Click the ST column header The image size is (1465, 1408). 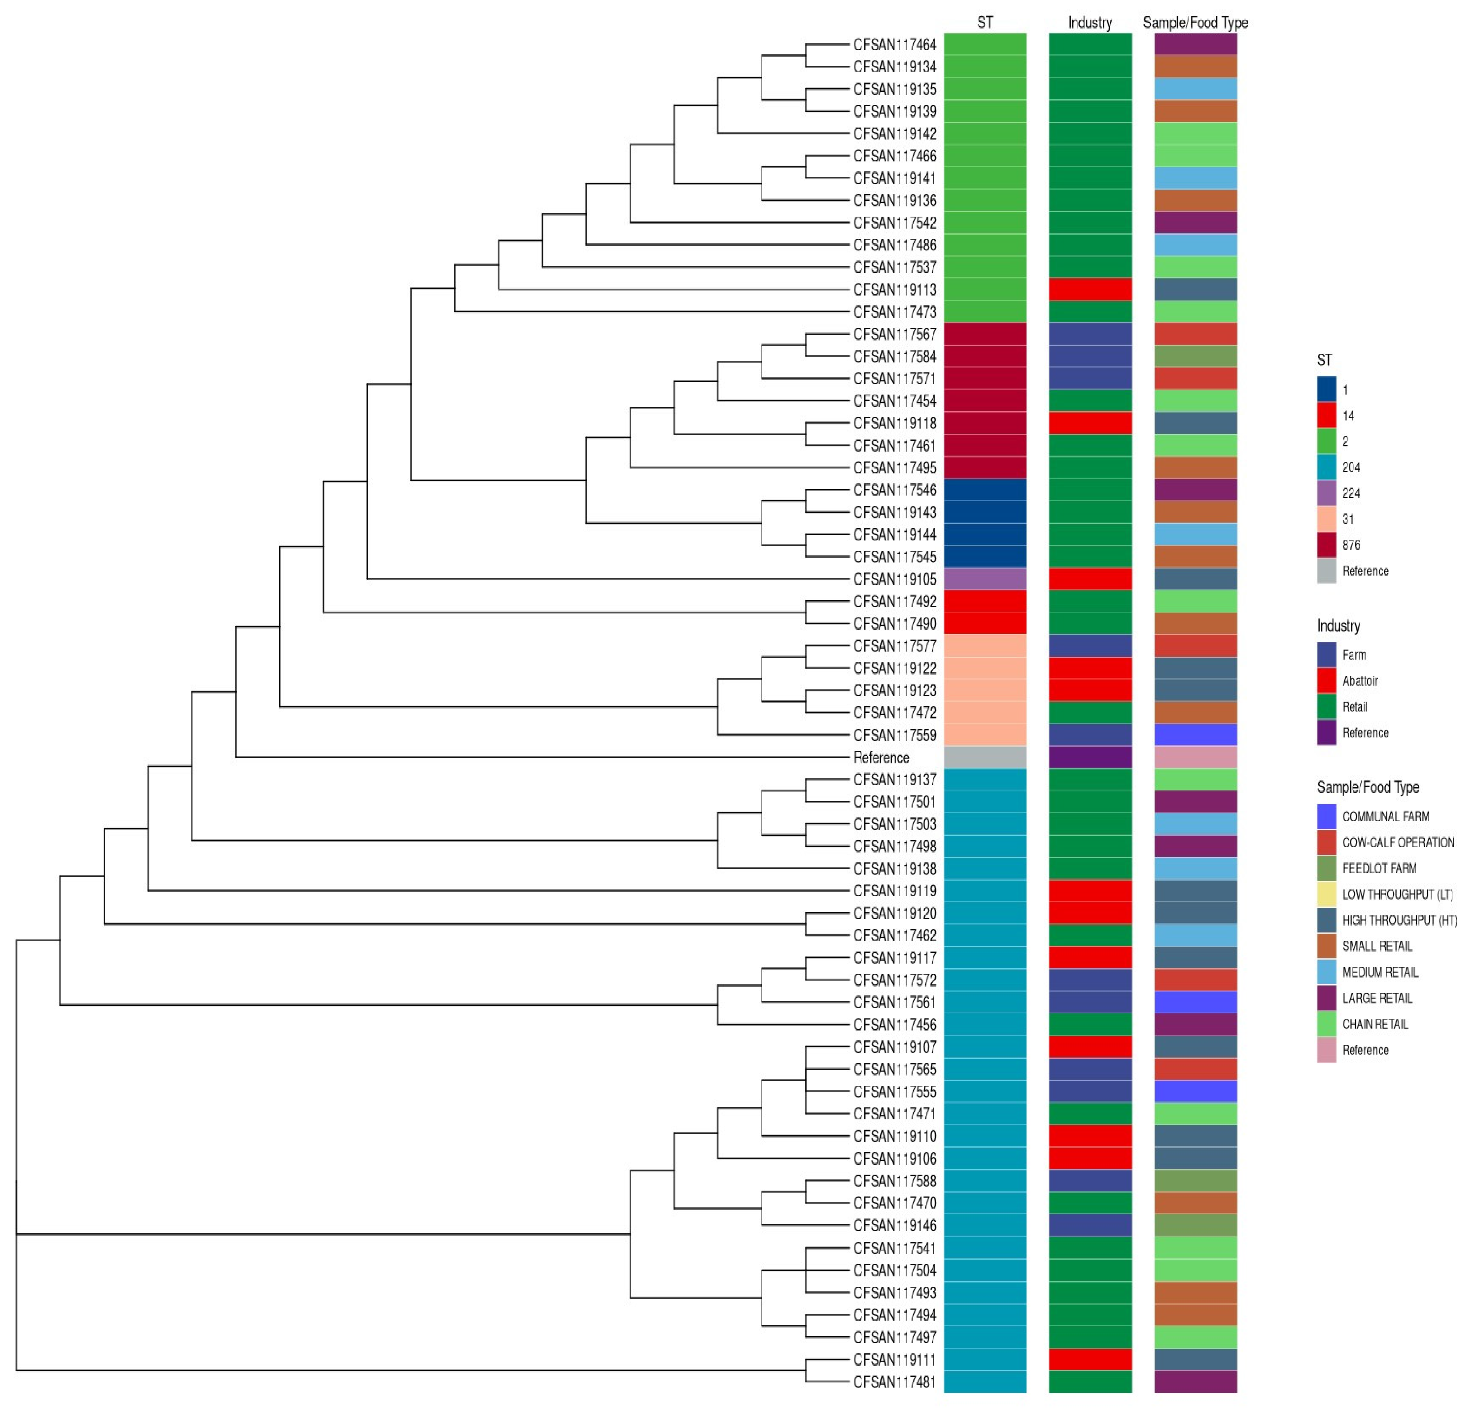click(985, 22)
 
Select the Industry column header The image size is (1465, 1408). click(1090, 22)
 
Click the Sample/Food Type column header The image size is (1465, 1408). click(1195, 22)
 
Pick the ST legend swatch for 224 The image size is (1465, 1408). click(1326, 493)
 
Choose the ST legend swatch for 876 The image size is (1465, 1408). click(1326, 545)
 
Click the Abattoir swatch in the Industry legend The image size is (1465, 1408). click(1326, 681)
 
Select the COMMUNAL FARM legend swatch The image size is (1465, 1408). click(1326, 816)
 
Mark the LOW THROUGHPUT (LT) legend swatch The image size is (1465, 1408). click(1326, 895)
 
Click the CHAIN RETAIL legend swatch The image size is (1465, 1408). click(1326, 1024)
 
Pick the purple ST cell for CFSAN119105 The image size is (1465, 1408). click(985, 579)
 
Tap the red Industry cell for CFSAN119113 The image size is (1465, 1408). click(1090, 289)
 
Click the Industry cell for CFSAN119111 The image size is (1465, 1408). click(1090, 1359)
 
